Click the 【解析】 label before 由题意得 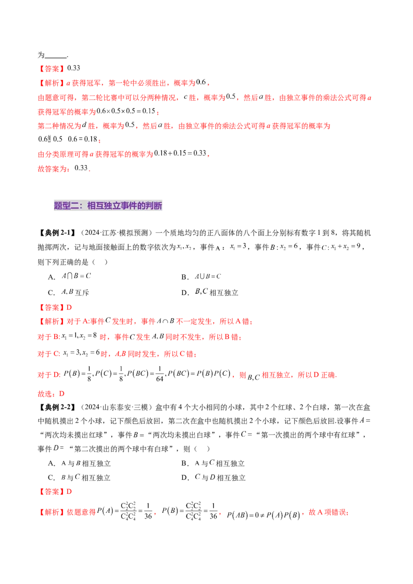[x=51, y=513]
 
